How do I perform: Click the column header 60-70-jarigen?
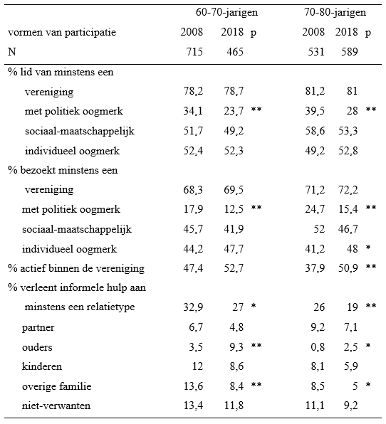click(227, 14)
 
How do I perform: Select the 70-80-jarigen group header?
click(335, 14)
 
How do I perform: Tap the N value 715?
click(192, 53)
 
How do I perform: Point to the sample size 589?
click(347, 53)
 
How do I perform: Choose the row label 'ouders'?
click(37, 347)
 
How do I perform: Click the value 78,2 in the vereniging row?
click(192, 92)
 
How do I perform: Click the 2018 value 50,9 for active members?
click(347, 268)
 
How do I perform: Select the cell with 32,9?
click(192, 308)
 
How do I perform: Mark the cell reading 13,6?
click(192, 386)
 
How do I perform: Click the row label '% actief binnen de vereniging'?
click(76, 268)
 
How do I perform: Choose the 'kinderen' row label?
click(42, 367)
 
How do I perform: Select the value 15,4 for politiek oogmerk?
click(347, 210)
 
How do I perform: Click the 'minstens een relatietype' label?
click(80, 308)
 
